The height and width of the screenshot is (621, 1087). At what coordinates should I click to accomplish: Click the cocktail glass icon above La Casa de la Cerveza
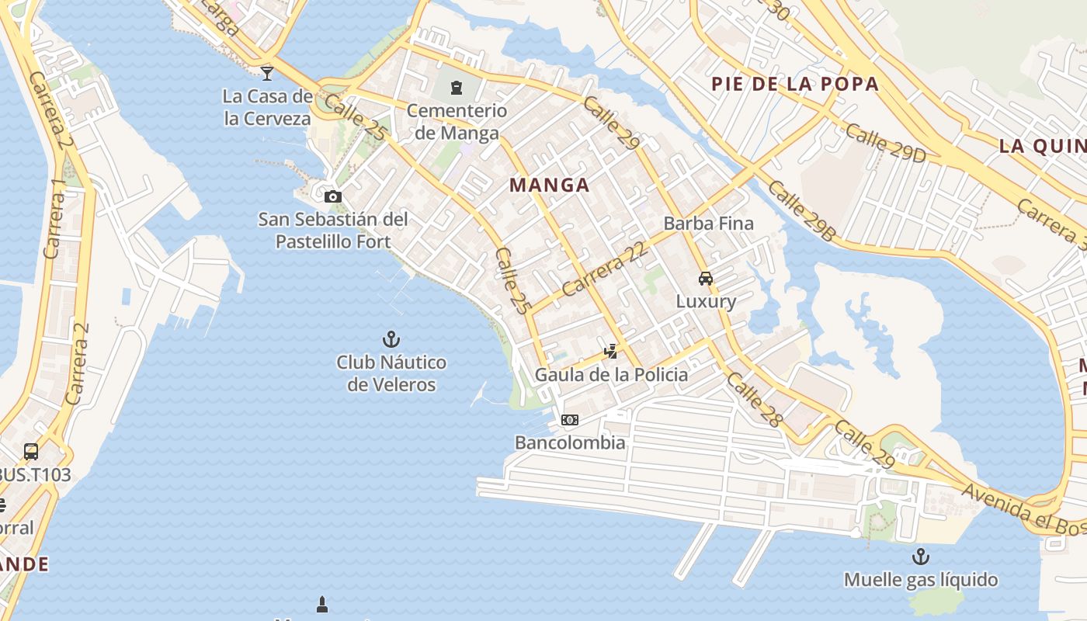point(267,74)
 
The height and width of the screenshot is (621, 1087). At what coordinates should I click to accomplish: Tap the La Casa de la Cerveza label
point(267,107)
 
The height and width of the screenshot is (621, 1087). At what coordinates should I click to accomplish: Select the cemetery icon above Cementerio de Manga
point(457,88)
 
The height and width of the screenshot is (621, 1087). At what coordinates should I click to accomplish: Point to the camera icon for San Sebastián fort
point(333,196)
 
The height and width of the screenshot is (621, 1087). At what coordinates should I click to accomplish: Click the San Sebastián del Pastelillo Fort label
point(333,231)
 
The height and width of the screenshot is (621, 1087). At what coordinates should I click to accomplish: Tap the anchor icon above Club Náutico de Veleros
point(391,339)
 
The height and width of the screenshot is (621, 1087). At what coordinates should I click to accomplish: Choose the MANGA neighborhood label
point(550,186)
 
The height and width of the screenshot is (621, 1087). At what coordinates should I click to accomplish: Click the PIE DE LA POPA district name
point(795,84)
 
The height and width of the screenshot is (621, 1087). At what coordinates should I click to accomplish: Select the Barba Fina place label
point(708,224)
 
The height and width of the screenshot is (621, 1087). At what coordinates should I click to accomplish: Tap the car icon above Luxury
point(705,279)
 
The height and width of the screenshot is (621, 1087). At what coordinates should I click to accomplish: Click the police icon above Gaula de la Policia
point(611,351)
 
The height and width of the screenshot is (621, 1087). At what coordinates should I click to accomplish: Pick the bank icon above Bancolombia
point(570,420)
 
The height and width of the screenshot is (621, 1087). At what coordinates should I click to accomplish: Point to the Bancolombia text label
point(570,442)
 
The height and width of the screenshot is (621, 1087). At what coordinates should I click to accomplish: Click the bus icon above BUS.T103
point(31,451)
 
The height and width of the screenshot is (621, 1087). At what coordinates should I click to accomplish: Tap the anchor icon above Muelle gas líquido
point(920,557)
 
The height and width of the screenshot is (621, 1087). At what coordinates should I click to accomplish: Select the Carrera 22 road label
point(604,269)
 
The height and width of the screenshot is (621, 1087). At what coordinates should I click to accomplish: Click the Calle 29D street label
point(885,143)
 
